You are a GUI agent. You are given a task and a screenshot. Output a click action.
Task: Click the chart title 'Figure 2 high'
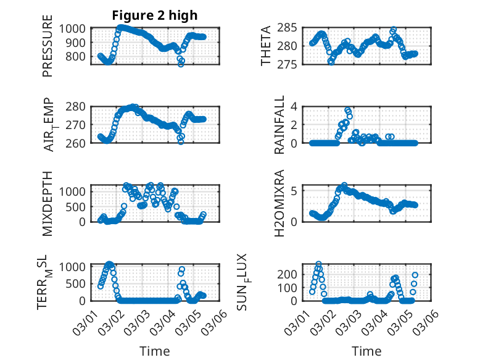[155, 15]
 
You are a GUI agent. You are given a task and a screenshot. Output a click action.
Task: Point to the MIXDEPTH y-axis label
[48, 203]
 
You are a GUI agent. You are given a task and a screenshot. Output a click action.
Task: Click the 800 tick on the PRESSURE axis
[80, 56]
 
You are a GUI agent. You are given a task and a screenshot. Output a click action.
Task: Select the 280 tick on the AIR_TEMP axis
[80, 106]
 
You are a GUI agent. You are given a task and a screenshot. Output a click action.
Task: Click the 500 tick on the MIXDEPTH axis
[80, 206]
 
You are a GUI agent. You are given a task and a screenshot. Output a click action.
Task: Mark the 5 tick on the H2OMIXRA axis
[296, 191]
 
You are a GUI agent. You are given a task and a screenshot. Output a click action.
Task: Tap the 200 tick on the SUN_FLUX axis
[292, 274]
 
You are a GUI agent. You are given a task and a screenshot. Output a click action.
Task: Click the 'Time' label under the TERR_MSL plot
[155, 351]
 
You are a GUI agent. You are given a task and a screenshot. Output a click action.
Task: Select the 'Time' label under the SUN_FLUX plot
[366, 351]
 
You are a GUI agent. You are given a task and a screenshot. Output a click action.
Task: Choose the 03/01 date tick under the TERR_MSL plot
[83, 322]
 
